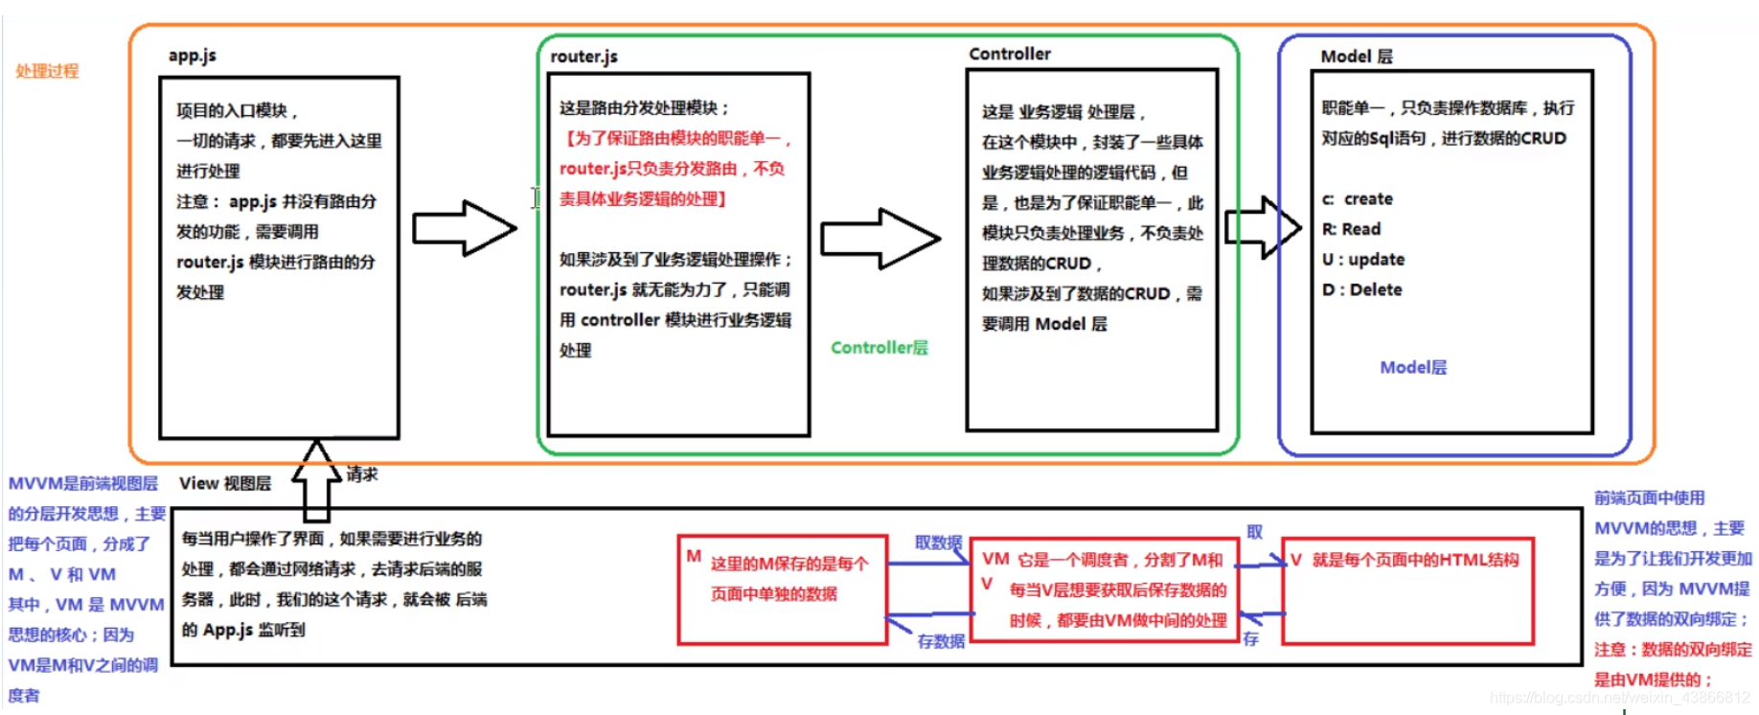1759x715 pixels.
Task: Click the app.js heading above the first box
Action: (192, 56)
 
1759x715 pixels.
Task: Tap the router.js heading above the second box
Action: (583, 57)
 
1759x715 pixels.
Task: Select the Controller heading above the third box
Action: (1009, 54)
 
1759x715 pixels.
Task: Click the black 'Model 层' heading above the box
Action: (1356, 57)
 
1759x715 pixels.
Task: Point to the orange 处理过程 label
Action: (47, 71)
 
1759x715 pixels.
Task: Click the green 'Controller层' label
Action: (879, 348)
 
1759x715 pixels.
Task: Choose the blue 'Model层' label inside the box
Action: (1413, 367)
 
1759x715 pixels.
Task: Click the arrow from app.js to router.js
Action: (465, 228)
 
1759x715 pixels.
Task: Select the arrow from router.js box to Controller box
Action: (879, 239)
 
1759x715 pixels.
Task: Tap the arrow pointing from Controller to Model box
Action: (1264, 227)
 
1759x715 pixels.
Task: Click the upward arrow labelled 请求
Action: (316, 479)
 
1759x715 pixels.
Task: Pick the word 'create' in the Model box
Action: (1368, 198)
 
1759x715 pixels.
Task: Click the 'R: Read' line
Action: (1351, 229)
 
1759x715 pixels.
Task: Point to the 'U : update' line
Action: (1362, 260)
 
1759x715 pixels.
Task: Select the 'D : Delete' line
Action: (1361, 289)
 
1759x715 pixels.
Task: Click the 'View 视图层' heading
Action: (224, 483)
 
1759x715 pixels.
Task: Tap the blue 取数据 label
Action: (938, 542)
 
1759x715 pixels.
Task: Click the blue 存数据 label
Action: (941, 641)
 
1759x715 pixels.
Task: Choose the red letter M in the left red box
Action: (694, 556)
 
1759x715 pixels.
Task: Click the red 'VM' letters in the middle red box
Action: (995, 559)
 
